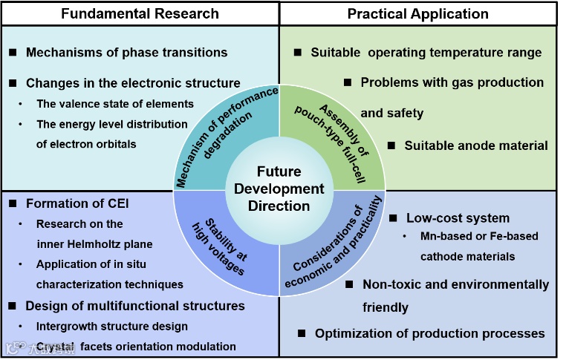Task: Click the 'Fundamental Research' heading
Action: pos(140,13)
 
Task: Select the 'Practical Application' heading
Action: pos(417,13)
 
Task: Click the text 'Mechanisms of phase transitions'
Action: pos(126,53)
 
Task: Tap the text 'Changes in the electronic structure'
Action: pos(133,82)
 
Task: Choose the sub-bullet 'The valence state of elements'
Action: pos(115,104)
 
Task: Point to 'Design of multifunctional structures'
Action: pos(134,305)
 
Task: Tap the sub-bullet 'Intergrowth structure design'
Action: pos(112,326)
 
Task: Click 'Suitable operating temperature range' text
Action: pos(426,53)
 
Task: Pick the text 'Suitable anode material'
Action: pos(476,145)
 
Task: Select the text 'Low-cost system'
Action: pos(458,218)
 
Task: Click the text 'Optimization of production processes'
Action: pos(430,333)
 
